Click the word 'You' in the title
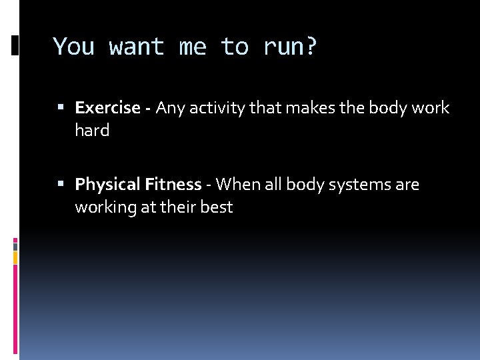click(x=73, y=47)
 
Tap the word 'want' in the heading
click(x=137, y=47)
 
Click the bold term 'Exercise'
click(x=107, y=108)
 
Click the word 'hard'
click(x=92, y=131)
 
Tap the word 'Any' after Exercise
click(x=171, y=108)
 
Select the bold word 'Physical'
click(x=107, y=185)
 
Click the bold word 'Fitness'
click(x=173, y=185)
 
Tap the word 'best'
click(x=216, y=207)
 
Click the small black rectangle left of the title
click(x=15, y=45)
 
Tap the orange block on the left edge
click(x=15, y=257)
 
